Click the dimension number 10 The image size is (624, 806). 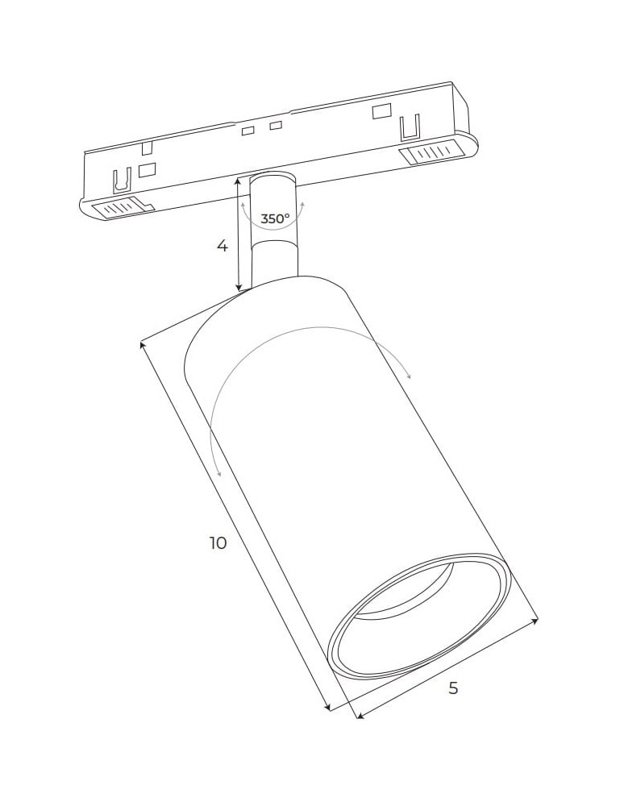click(x=218, y=543)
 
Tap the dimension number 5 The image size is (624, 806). click(x=453, y=688)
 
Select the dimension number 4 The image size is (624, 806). click(x=223, y=246)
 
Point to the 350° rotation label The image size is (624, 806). click(x=275, y=218)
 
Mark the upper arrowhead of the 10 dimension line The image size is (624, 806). click(x=144, y=345)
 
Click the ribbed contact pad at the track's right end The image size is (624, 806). click(x=433, y=152)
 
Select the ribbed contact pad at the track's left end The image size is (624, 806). click(x=119, y=209)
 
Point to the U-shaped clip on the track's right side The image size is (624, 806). click(x=410, y=127)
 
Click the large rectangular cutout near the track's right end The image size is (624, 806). click(x=381, y=111)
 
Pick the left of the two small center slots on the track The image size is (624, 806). click(x=248, y=131)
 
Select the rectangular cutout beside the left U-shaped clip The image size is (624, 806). click(x=147, y=170)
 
